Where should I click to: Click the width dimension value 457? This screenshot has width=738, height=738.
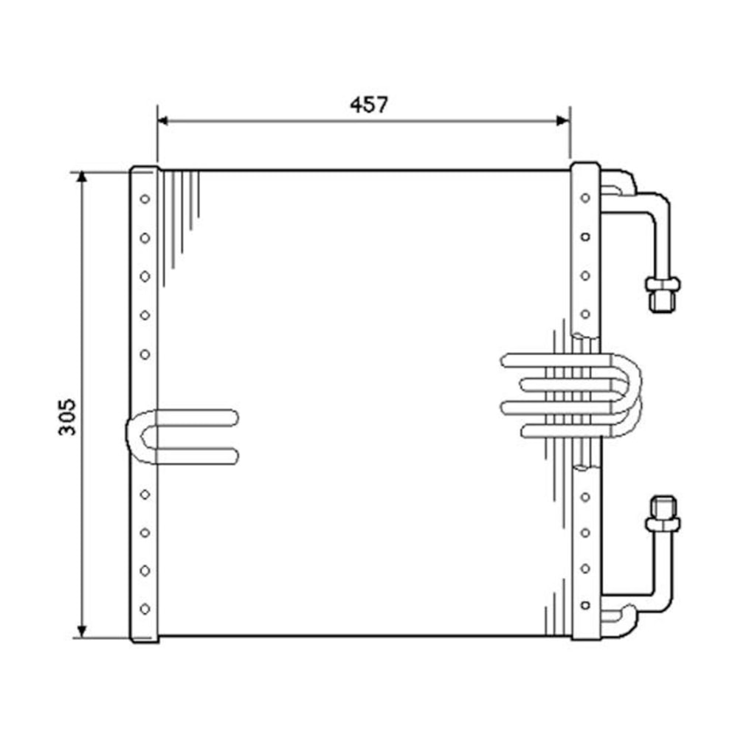tap(368, 105)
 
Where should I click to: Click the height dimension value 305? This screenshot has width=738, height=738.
tap(67, 417)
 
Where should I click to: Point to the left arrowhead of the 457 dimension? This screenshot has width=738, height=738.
tap(163, 120)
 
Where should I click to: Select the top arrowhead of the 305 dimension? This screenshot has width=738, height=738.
tap(82, 178)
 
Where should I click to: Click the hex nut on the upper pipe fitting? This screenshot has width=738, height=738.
tap(662, 283)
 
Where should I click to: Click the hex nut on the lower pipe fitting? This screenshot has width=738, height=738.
tap(662, 524)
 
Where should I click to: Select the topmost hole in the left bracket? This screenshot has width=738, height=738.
tap(145, 199)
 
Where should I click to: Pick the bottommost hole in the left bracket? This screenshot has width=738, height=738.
tap(145, 609)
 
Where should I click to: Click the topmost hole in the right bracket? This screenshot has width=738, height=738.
tap(585, 198)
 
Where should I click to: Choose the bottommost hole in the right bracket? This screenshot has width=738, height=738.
tap(585, 605)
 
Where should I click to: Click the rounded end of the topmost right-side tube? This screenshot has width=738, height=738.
tap(506, 361)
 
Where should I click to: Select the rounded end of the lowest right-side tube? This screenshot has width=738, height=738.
tap(525, 430)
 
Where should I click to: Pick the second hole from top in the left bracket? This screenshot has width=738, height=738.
tap(145, 238)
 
